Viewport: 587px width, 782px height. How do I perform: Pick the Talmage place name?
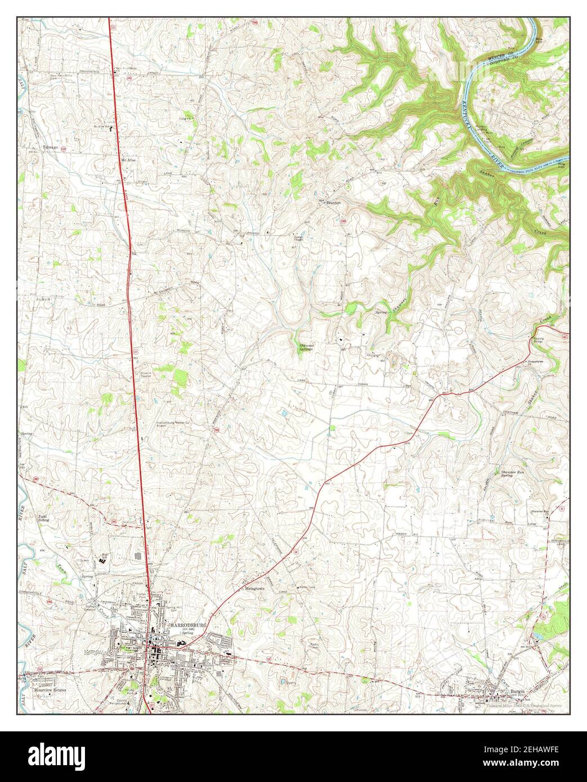51,149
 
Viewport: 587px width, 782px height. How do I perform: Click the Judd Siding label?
43,518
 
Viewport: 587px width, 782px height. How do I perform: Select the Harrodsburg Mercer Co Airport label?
173,425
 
